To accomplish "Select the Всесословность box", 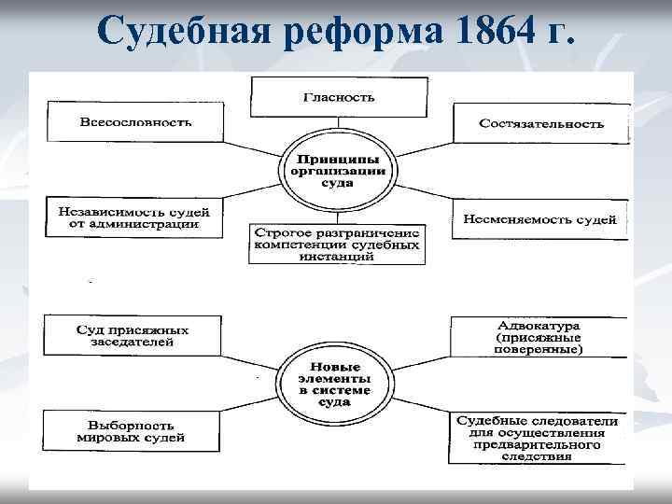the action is tap(135, 122).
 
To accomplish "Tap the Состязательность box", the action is tap(541, 123).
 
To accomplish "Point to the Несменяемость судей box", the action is tap(539, 219).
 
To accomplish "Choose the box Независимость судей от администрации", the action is tap(134, 217).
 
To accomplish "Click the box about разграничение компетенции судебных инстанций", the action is tap(337, 244).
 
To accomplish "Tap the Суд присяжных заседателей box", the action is tap(133, 336).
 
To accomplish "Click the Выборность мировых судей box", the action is tap(133, 430).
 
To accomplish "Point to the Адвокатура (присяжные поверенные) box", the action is tap(539, 337).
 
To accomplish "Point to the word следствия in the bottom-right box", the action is tap(538, 458).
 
